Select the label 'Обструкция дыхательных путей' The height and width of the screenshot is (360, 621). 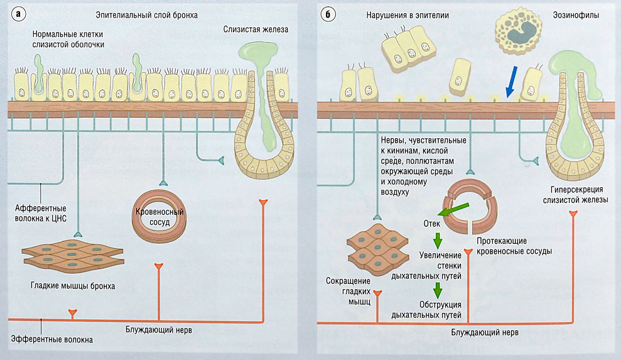tap(436, 309)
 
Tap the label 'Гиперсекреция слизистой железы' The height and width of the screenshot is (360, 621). tap(576, 195)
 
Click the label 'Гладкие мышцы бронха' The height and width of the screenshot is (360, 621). tap(72, 286)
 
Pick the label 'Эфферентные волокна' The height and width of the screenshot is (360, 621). tap(52, 340)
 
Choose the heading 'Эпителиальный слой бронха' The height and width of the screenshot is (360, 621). tap(147, 15)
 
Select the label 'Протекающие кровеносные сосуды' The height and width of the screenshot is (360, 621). tap(514, 246)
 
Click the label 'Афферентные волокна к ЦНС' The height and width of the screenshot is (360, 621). tap(41, 214)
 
